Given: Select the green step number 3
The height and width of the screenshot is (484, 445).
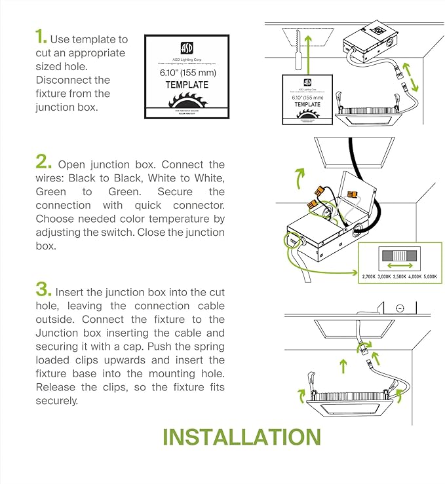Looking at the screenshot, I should [x=43, y=290].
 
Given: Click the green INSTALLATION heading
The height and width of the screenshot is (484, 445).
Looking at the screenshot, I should [x=241, y=437].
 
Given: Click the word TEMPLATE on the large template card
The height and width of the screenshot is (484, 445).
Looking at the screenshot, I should [x=186, y=84].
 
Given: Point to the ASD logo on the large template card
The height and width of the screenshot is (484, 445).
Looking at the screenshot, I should [x=186, y=48].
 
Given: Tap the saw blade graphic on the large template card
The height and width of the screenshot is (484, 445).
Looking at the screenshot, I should [x=186, y=103].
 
